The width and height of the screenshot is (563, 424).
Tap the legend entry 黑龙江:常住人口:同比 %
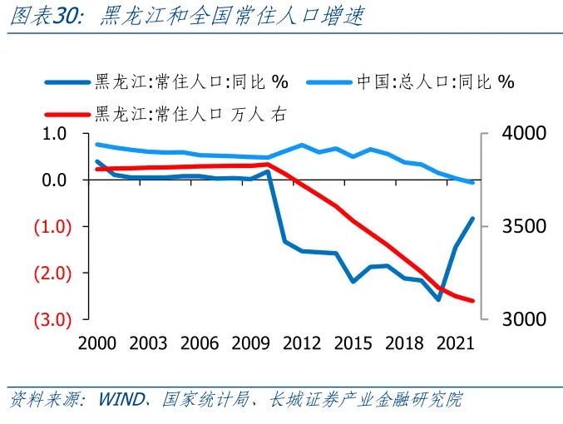(191, 81)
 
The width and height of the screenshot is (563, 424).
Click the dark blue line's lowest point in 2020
(438, 299)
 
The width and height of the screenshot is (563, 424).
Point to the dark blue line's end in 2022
(472, 219)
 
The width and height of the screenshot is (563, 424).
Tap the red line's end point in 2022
(472, 301)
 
